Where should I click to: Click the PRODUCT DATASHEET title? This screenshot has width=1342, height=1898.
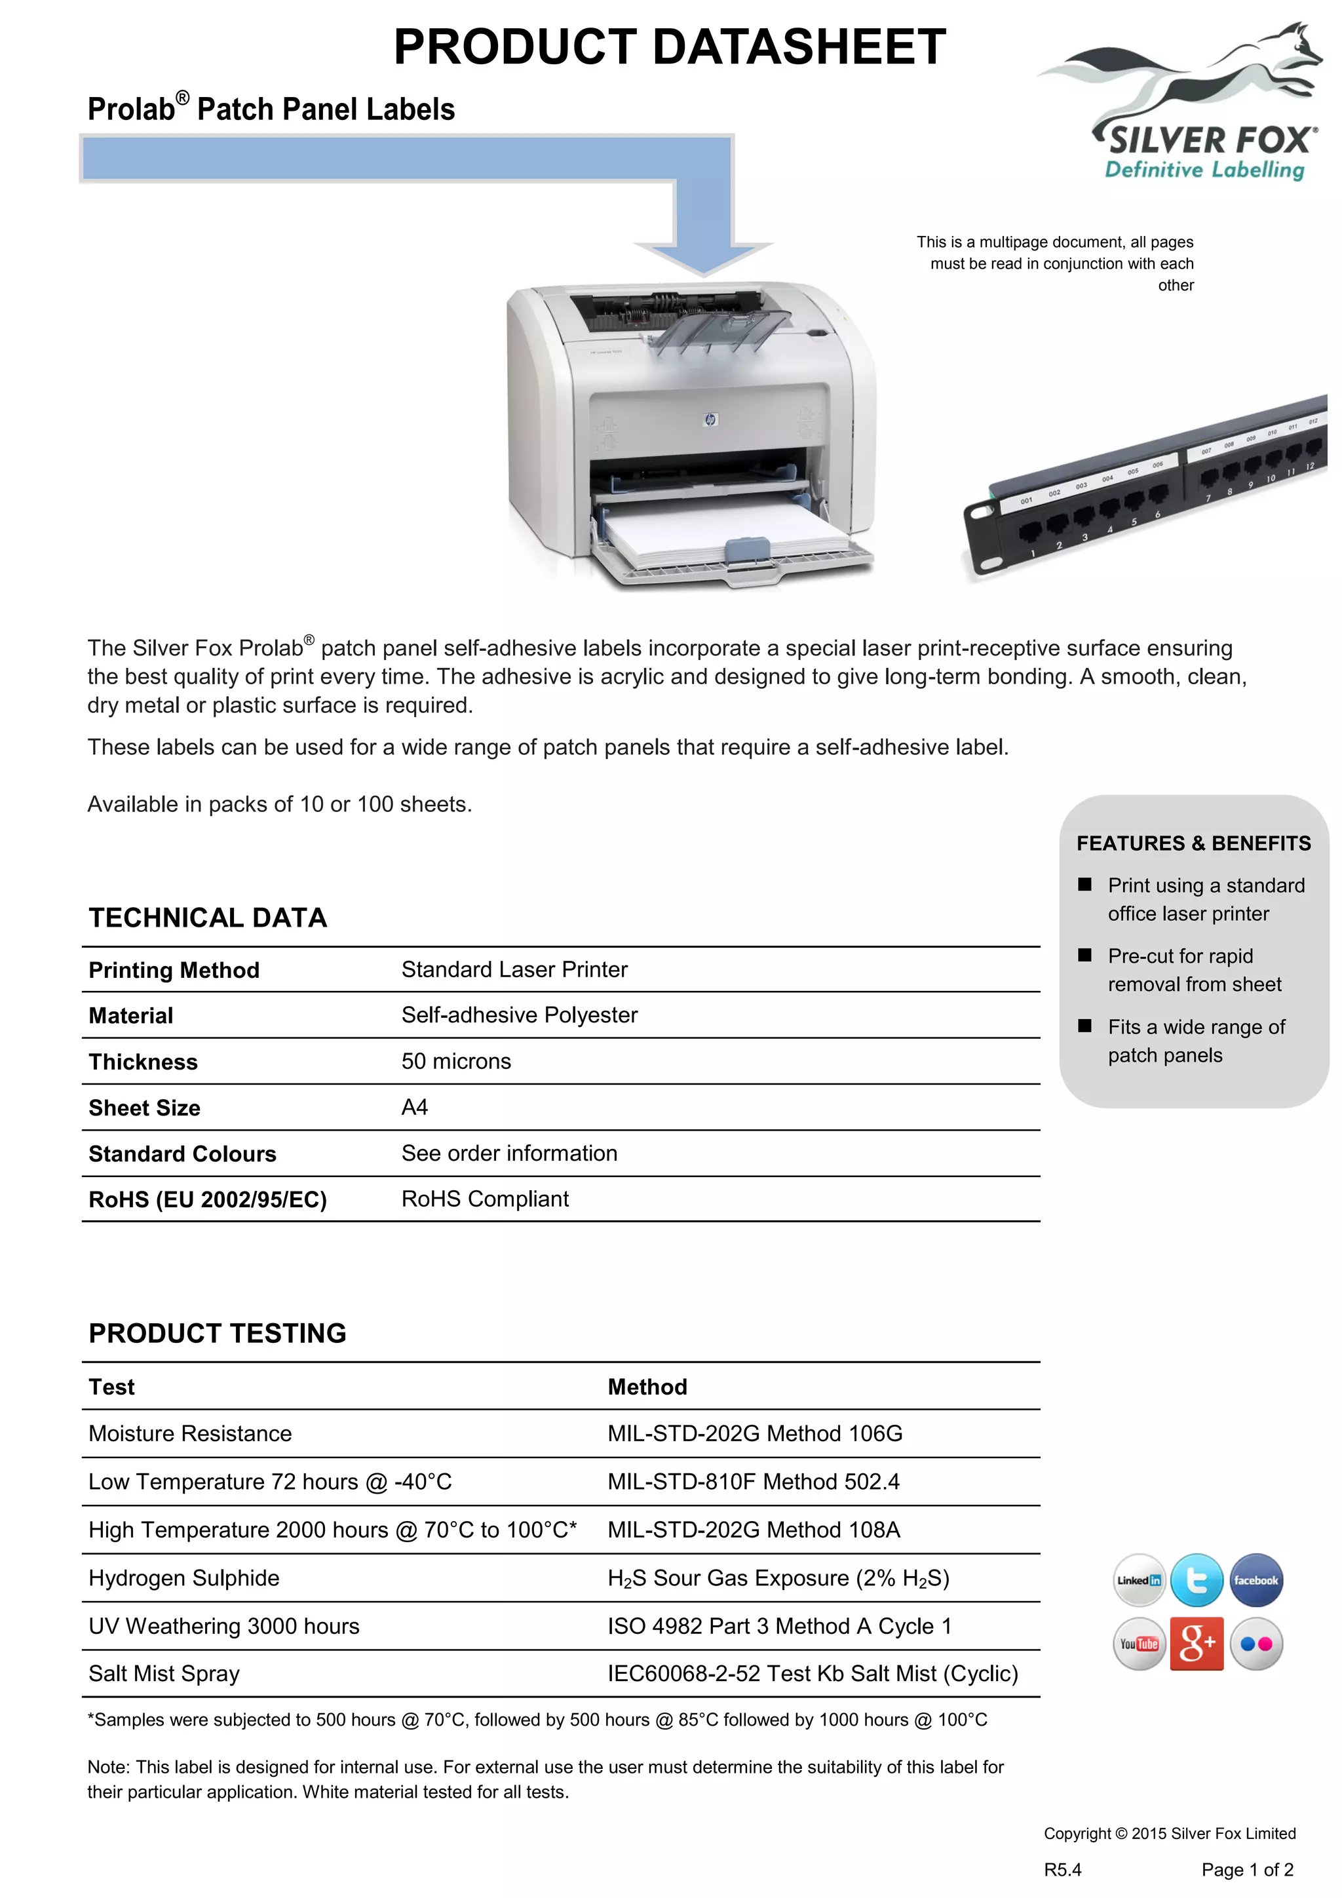(669, 47)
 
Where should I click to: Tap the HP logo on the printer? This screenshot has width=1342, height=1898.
(710, 420)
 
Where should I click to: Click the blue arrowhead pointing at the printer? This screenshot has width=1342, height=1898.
(703, 256)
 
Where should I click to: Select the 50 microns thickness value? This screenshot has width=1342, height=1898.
(456, 1062)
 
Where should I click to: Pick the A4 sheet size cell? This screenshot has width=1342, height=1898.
(415, 1108)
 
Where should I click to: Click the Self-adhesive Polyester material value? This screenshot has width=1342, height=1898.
(519, 1015)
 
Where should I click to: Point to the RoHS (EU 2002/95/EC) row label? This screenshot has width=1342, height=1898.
(208, 1199)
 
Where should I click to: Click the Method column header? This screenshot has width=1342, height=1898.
(647, 1387)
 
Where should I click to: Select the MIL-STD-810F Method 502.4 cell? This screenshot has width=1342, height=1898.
(753, 1481)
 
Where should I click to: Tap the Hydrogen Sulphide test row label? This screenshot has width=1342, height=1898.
(183, 1578)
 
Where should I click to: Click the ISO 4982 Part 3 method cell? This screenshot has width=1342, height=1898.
(779, 1626)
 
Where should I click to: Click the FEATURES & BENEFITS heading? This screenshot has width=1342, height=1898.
(1193, 843)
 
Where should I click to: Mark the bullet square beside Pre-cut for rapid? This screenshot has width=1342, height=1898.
(1085, 956)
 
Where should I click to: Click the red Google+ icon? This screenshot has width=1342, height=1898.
(1197, 1644)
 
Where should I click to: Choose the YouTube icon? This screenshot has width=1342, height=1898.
(1139, 1644)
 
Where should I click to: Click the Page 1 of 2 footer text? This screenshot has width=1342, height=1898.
(1247, 1870)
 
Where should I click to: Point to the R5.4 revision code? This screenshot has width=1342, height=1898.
(1063, 1870)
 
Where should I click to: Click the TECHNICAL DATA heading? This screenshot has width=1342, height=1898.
(208, 918)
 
